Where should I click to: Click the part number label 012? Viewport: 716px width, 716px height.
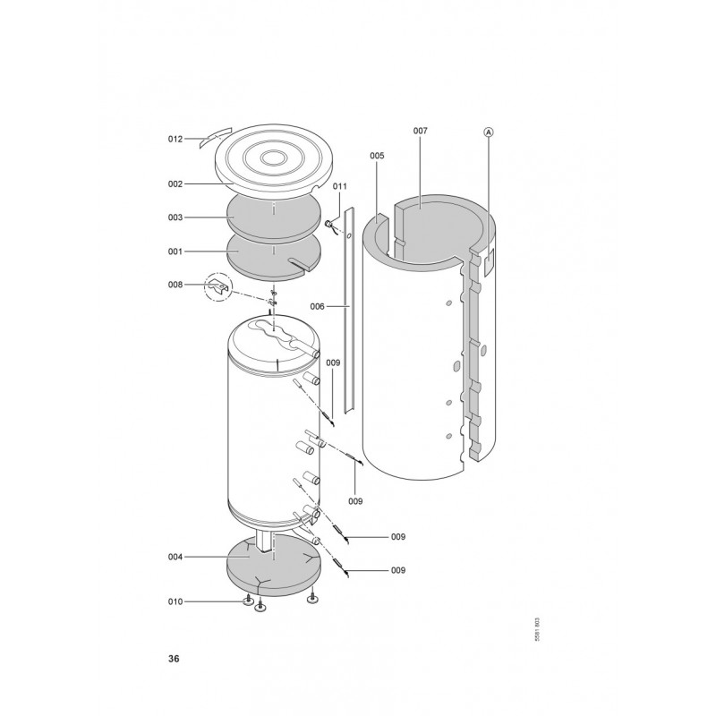175,139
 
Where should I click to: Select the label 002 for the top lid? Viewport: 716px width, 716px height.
175,184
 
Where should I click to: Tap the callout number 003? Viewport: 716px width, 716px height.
175,217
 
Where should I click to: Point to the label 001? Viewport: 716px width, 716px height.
175,251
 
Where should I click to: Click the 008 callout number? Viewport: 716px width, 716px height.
175,285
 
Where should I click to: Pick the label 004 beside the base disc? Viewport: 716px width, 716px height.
175,557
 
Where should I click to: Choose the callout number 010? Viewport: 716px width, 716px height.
175,601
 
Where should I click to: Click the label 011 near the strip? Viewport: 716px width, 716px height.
340,186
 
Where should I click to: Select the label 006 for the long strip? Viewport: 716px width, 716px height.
318,306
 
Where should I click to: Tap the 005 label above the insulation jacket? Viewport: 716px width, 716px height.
377,156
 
